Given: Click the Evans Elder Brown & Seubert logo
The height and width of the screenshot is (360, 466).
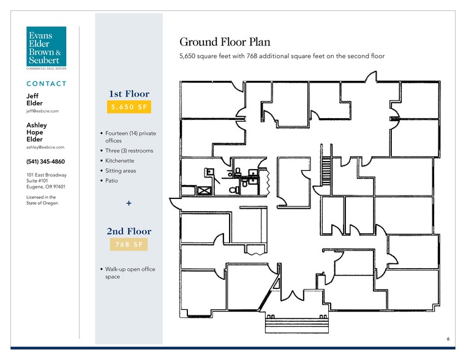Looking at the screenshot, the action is (46, 48).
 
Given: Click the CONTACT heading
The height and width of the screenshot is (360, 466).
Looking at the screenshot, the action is (46, 84).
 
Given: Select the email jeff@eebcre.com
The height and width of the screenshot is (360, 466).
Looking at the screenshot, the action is (42, 111).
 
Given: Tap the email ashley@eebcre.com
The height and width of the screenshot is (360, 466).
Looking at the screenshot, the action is (45, 147).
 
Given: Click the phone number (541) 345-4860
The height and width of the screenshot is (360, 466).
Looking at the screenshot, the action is (45, 162).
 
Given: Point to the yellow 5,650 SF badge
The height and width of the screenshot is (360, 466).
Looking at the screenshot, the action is (129, 107).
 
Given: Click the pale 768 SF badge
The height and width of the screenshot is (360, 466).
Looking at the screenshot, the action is (129, 244).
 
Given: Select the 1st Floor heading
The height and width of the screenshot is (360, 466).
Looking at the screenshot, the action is (129, 94).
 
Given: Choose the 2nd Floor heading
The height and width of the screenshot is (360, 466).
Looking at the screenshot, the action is (129, 231).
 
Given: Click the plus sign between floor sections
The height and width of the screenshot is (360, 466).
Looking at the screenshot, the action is (129, 203).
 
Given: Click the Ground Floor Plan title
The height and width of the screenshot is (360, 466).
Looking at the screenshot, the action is (225, 42).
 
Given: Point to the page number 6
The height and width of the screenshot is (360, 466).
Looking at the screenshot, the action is (448, 339).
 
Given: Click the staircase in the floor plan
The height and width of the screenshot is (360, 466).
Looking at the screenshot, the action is (326, 170).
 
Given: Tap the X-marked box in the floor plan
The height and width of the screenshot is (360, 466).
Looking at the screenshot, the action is (204, 190).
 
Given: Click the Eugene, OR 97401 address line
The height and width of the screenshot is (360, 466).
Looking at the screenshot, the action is (46, 187).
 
